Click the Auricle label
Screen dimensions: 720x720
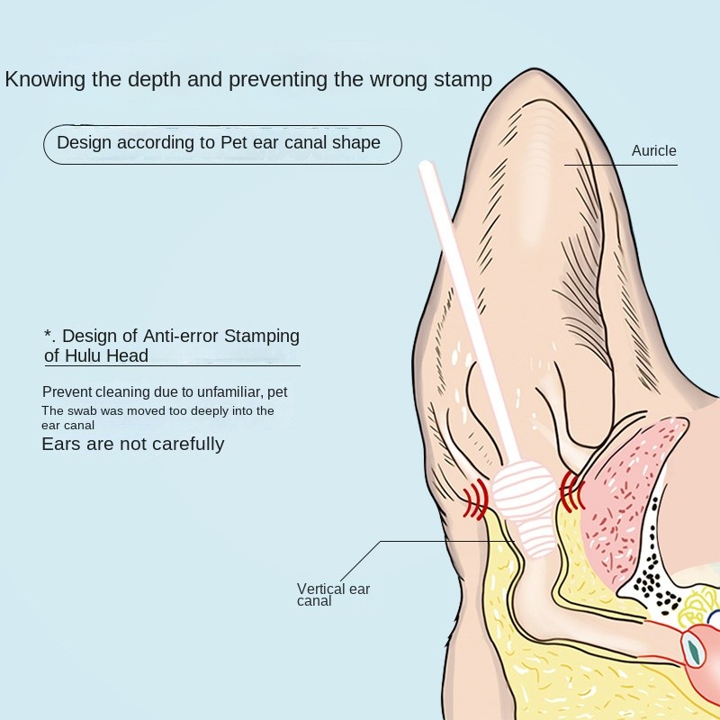653,150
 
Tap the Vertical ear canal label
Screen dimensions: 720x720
333,595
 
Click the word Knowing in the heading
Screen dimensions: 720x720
45,79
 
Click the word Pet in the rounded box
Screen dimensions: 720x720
234,142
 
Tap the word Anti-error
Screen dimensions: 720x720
181,336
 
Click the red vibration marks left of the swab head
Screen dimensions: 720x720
475,499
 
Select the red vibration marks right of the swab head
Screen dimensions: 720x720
571,491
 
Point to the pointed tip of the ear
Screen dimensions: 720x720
535,70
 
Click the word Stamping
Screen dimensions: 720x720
261,336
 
